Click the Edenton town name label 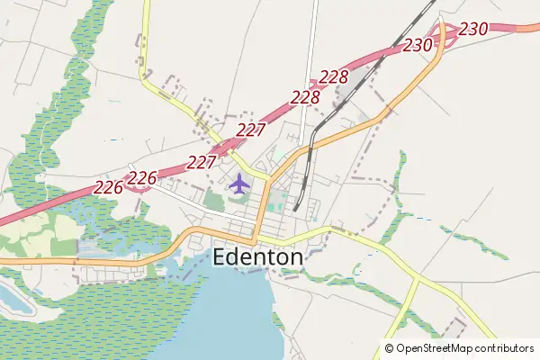coord(258,256)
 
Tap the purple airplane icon coord(238,184)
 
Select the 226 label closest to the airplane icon coord(144,176)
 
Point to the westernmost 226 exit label coord(108,187)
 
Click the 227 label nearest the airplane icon coord(202,162)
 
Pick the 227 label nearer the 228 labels coord(251,130)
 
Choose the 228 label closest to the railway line coord(334,76)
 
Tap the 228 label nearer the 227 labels coord(306,96)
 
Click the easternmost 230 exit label coord(473,29)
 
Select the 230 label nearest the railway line coord(418,44)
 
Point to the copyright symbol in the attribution coord(389,347)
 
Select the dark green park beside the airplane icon coord(215,199)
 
